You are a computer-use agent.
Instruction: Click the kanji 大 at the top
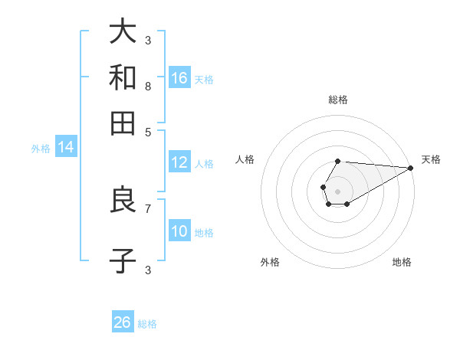click(123, 31)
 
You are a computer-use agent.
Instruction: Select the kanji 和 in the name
click(123, 77)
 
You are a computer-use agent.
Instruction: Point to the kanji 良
click(123, 200)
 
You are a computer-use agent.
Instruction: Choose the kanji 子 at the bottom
click(123, 260)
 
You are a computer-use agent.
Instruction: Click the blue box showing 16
click(179, 77)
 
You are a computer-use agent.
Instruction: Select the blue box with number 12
click(179, 162)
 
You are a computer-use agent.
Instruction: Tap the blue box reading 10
click(179, 231)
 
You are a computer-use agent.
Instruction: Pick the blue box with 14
click(66, 147)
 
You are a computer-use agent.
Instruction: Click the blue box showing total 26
click(123, 322)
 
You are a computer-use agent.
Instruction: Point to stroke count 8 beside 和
click(148, 87)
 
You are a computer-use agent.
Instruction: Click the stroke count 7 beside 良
click(148, 208)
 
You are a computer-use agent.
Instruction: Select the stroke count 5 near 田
click(148, 131)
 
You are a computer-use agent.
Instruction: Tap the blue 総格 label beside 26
click(147, 324)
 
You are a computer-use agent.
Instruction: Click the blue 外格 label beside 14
click(41, 149)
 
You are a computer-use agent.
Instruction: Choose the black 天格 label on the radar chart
click(431, 159)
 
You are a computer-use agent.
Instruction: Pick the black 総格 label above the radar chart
click(338, 100)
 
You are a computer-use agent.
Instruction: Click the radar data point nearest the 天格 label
click(410, 168)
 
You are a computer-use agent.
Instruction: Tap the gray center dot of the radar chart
click(337, 190)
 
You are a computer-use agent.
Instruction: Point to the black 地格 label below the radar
click(402, 263)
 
